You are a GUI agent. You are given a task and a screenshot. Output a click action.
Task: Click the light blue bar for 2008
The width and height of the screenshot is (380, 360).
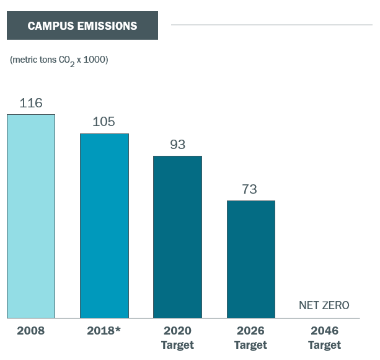click(x=31, y=216)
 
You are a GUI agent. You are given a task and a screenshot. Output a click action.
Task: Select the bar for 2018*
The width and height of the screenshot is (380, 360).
click(x=104, y=225)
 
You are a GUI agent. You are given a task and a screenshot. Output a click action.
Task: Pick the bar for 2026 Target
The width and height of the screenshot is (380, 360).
click(x=250, y=259)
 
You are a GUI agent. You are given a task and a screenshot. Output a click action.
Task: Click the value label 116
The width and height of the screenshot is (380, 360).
click(x=31, y=103)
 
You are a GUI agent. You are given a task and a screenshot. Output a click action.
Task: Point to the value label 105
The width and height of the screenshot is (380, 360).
click(x=104, y=122)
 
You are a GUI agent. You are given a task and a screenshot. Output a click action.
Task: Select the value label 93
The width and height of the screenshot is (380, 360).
click(x=178, y=145)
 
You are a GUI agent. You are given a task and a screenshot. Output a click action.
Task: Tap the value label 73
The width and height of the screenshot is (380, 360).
click(x=250, y=189)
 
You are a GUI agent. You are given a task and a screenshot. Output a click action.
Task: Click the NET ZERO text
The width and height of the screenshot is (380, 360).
click(x=324, y=305)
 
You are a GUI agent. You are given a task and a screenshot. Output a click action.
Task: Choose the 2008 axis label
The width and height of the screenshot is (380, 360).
click(x=31, y=330)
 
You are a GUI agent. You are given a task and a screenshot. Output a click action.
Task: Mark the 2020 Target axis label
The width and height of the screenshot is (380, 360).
click(x=177, y=337)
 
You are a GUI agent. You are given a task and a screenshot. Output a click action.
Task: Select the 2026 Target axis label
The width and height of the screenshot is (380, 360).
click(x=250, y=337)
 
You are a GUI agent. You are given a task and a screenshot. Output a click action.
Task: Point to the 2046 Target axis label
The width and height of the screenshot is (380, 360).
click(x=324, y=337)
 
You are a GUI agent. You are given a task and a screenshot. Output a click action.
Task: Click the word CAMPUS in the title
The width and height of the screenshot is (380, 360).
click(x=51, y=26)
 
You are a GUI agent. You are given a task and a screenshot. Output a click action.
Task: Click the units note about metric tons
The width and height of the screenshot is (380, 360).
click(x=59, y=60)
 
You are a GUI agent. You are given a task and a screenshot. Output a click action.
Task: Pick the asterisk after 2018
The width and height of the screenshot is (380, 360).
click(x=118, y=329)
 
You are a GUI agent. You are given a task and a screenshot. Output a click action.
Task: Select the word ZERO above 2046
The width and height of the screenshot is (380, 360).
click(x=337, y=305)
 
